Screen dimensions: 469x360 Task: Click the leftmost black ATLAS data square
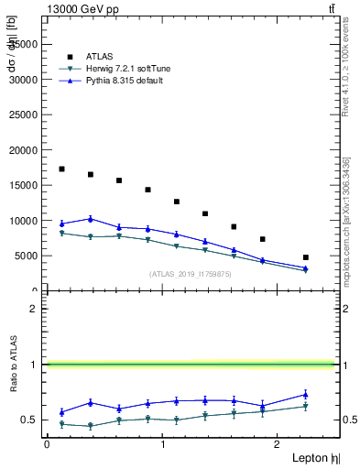[x=61, y=169]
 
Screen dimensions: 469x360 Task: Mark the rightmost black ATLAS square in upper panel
[x=306, y=257]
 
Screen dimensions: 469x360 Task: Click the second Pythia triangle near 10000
[x=90, y=219]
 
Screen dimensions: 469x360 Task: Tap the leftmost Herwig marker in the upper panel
[x=61, y=234]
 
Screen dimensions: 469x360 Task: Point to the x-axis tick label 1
[x=163, y=443]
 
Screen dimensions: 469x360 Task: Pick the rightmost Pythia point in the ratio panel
[x=306, y=395]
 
